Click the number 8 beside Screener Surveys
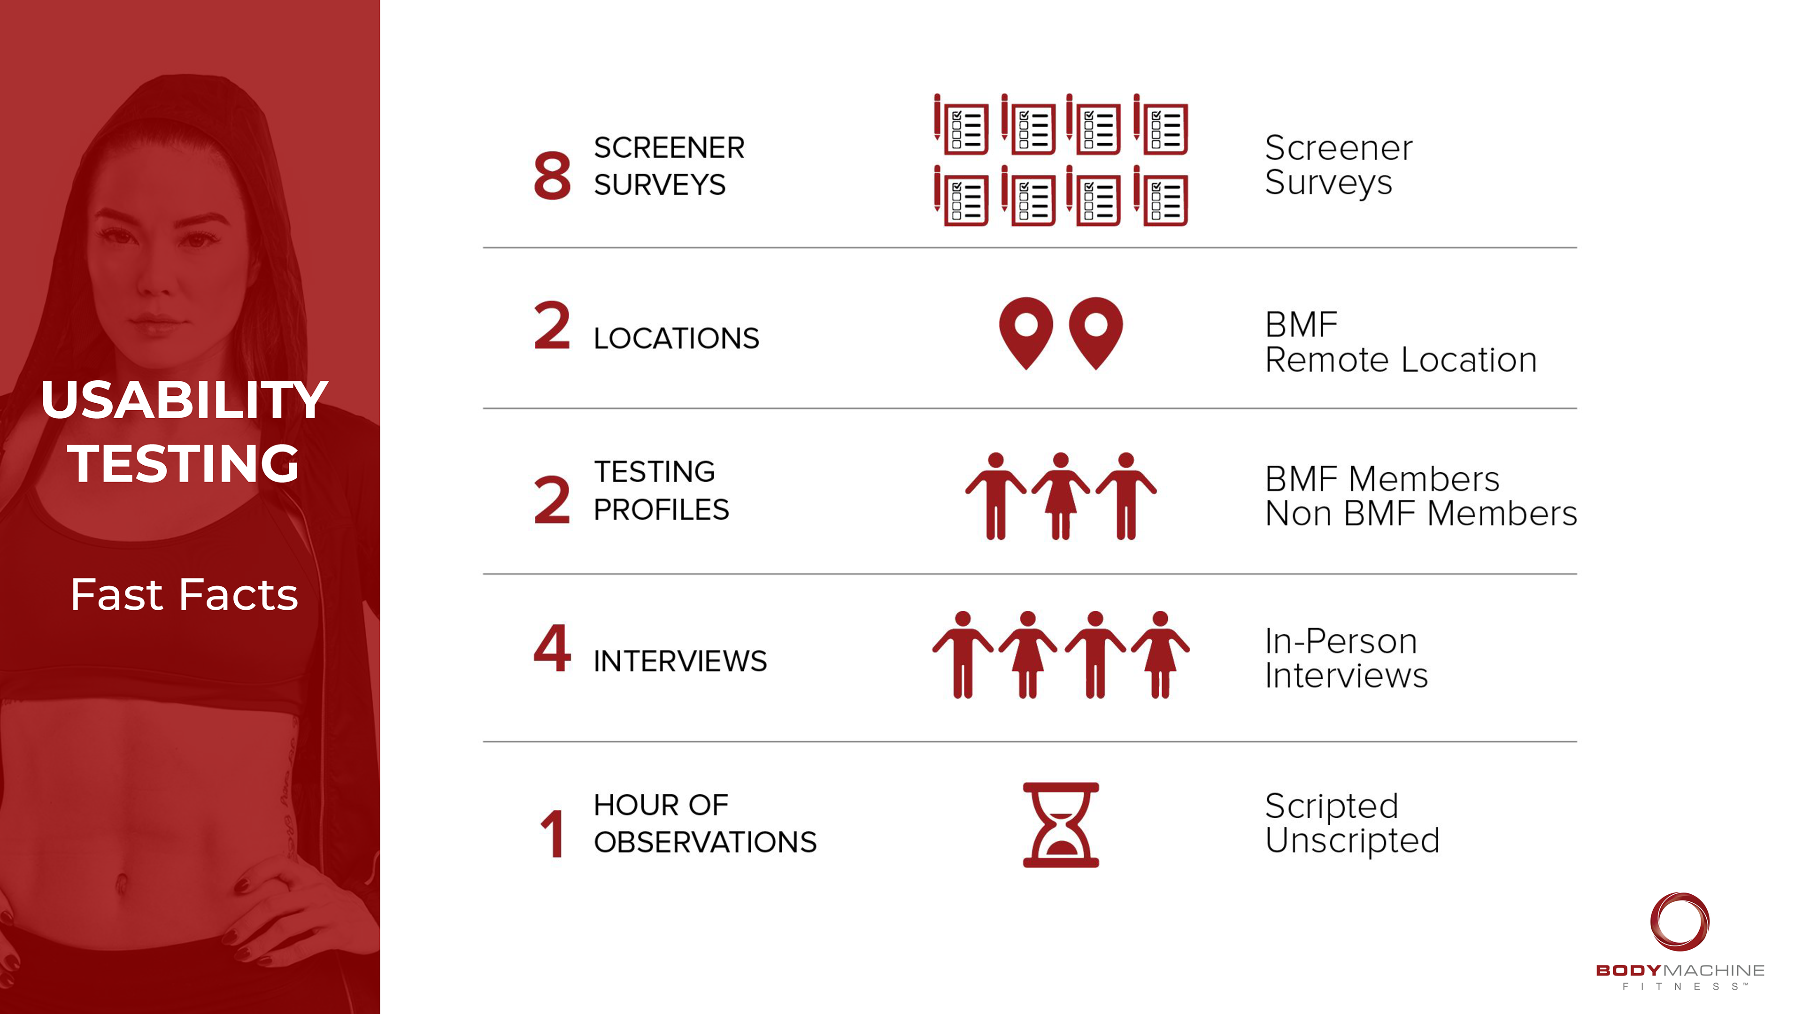pyautogui.click(x=552, y=175)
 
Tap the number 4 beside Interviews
pyautogui.click(x=552, y=649)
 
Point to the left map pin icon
pyautogui.click(x=1025, y=332)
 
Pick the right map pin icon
pyautogui.click(x=1095, y=332)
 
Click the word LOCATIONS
pyautogui.click(x=676, y=338)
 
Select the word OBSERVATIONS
pyautogui.click(x=705, y=842)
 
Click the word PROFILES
pyautogui.click(x=662, y=509)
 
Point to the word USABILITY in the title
pyautogui.click(x=184, y=400)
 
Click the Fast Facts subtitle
pyautogui.click(x=184, y=595)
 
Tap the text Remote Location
pyautogui.click(x=1401, y=361)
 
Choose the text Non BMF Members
pyautogui.click(x=1421, y=514)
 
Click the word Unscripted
pyautogui.click(x=1352, y=840)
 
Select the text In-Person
pyautogui.click(x=1341, y=641)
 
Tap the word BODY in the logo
pyautogui.click(x=1628, y=971)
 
